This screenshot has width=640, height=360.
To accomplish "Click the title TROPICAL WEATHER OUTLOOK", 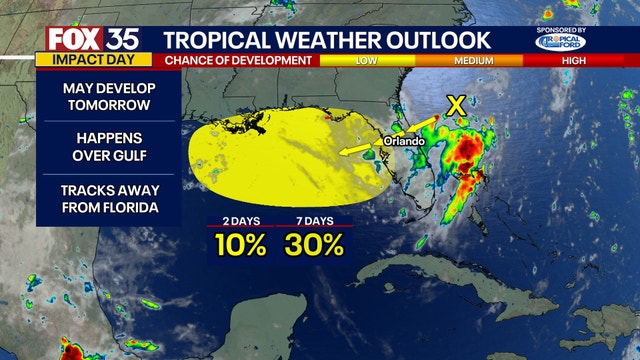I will click(x=327, y=40).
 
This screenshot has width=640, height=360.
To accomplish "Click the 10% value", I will click(x=237, y=244).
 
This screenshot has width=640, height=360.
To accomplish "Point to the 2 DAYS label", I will click(x=236, y=220).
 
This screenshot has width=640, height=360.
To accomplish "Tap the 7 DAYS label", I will click(x=314, y=220).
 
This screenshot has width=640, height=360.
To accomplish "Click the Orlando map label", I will click(x=404, y=141).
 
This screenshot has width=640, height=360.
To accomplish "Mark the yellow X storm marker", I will click(x=456, y=104).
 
